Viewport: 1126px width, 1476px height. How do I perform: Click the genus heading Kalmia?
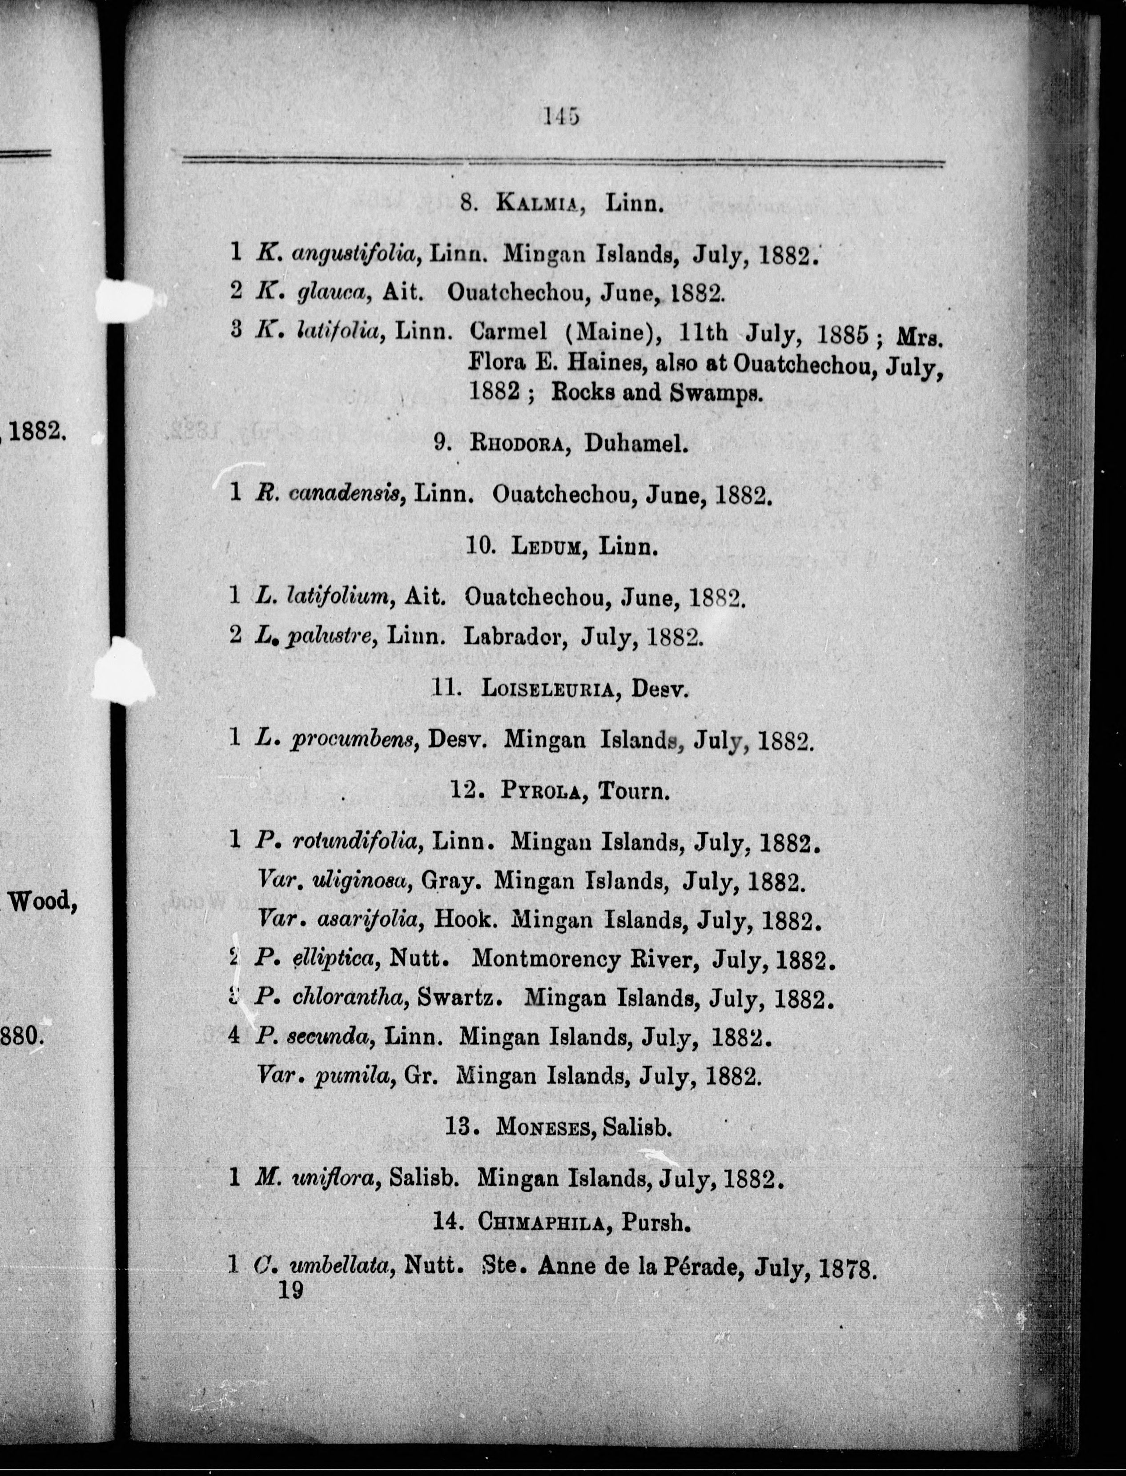pos(536,202)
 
